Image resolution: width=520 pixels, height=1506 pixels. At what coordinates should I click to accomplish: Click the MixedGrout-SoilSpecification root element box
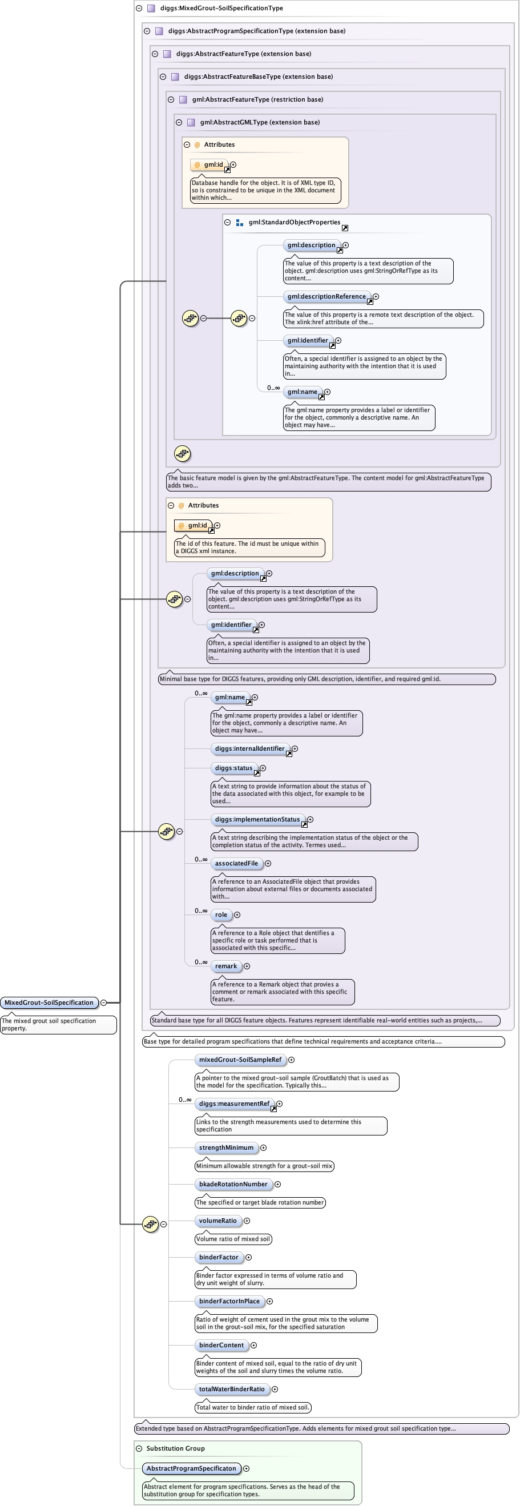coord(49,1002)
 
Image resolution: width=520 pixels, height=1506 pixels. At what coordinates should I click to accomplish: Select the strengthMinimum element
coord(226,1147)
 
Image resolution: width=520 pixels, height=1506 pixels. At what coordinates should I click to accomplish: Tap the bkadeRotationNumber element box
coord(233,1184)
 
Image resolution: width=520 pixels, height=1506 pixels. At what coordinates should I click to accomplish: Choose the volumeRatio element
coord(217,1221)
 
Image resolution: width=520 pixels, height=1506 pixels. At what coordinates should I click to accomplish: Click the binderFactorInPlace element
coord(229,1301)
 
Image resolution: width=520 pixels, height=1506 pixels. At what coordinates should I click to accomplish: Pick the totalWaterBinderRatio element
coord(231,1389)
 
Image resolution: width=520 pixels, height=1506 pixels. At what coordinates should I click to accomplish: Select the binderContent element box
coord(221,1345)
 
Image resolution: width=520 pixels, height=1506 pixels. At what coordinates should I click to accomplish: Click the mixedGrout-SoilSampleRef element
coord(240,1060)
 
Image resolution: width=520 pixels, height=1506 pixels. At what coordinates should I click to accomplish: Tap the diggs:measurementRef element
coord(234,1104)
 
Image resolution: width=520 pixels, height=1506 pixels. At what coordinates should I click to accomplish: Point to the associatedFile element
coord(236,864)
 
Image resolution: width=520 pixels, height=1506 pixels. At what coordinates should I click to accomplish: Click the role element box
coord(221,915)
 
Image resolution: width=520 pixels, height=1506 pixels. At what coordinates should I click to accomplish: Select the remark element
coord(225,967)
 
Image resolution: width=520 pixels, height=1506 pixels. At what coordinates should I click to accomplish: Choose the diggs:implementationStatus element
coord(257,820)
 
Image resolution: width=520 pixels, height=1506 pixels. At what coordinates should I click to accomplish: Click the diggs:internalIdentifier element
coord(249,748)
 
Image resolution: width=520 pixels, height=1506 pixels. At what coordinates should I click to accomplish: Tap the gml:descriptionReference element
coord(326,296)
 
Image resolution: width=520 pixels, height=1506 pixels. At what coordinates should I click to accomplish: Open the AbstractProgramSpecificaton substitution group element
coord(191,1468)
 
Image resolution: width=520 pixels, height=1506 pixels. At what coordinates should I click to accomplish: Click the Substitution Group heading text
coord(175,1448)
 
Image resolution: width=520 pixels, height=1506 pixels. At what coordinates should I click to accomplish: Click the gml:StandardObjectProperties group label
coord(294,222)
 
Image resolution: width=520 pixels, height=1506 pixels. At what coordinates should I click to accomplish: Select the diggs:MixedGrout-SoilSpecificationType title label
coord(221,8)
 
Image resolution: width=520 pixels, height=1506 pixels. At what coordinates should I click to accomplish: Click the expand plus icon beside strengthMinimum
coord(264,1148)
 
